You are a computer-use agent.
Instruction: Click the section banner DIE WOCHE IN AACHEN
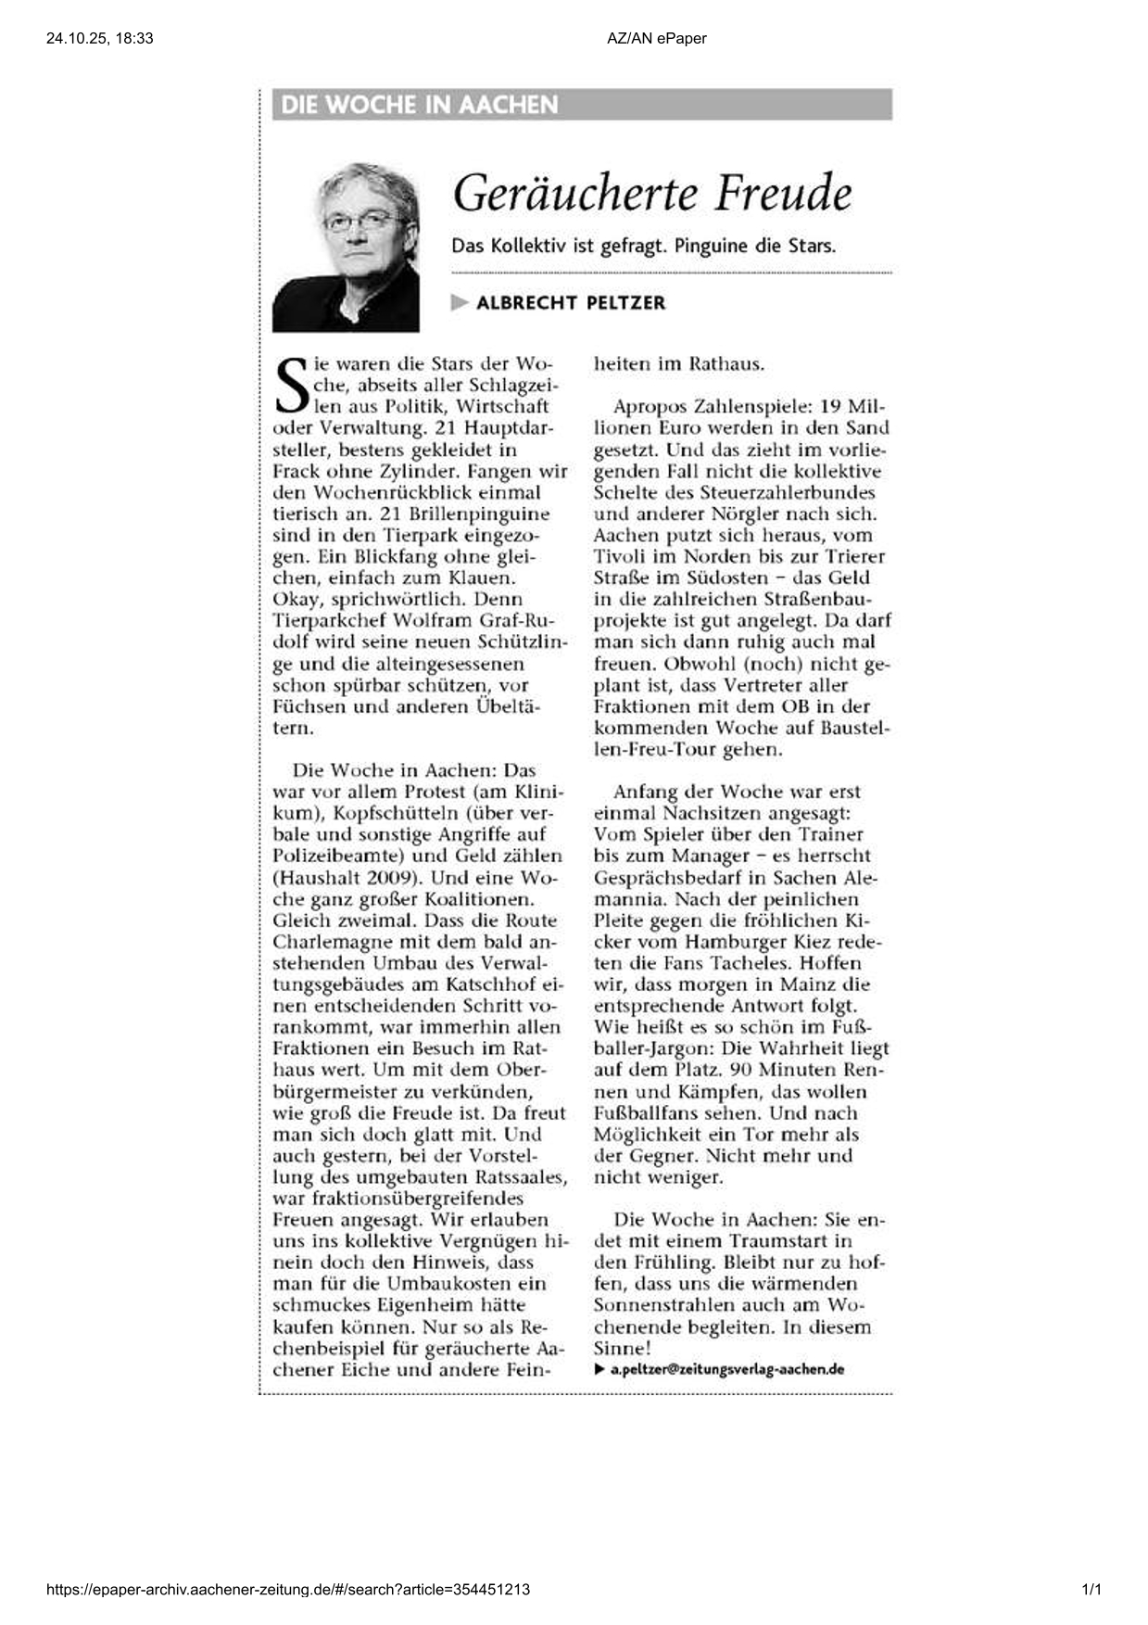point(419,105)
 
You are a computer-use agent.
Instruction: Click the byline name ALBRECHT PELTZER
point(571,303)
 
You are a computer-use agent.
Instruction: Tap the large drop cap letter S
point(292,387)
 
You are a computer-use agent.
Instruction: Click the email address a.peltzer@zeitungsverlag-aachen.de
point(726,1369)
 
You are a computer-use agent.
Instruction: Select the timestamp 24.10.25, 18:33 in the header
point(99,38)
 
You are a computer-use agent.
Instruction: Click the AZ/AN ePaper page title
point(657,38)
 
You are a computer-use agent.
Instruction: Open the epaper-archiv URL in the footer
point(288,1590)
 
